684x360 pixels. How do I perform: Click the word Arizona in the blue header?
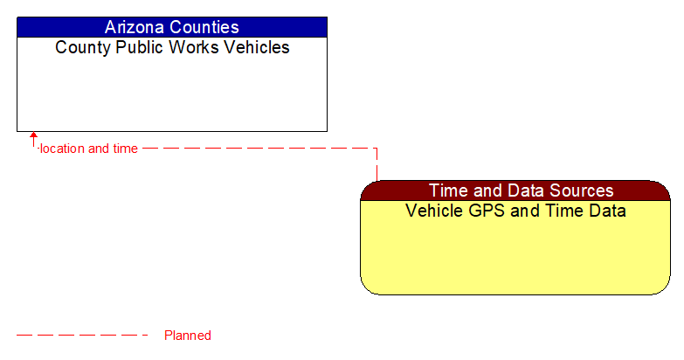tap(135, 27)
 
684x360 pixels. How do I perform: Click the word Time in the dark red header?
tap(447, 190)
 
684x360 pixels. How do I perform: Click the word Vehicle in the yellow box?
tap(434, 211)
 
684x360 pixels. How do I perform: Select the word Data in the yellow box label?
tap(607, 211)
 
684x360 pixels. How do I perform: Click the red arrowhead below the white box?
tap(33, 136)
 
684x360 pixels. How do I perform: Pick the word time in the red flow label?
tap(125, 149)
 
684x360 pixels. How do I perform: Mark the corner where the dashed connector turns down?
tap(377, 149)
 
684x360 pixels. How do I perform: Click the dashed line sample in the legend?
tap(83, 335)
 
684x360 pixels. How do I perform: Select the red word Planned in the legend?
tap(188, 336)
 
